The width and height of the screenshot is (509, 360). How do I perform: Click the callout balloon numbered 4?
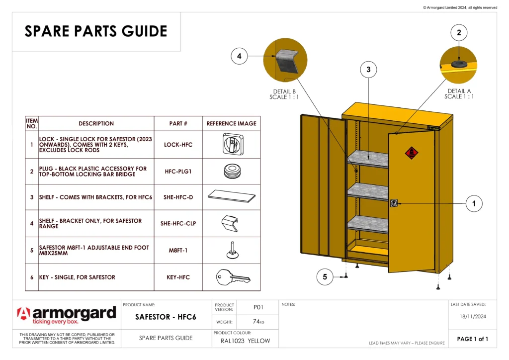(239, 57)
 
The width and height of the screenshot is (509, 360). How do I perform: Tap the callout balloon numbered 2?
(458, 33)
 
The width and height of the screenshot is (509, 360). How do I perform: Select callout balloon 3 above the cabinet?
(368, 70)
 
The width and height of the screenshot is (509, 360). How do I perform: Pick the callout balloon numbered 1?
(474, 203)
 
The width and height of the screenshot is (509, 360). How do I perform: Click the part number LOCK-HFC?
(178, 145)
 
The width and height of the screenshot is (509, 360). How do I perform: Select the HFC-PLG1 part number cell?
(178, 172)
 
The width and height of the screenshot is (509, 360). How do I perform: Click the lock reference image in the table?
(231, 144)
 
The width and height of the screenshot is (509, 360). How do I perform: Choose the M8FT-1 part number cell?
(178, 251)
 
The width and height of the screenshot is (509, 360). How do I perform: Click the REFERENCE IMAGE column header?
(231, 123)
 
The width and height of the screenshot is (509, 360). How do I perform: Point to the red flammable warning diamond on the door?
(411, 153)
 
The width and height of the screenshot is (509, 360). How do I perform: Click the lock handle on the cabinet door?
(394, 203)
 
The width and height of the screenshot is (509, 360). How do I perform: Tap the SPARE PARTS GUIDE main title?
(96, 31)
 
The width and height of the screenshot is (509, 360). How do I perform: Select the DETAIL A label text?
(459, 91)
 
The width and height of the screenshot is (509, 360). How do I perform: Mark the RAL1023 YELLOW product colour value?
(245, 341)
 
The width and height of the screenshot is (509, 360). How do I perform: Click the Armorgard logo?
(67, 315)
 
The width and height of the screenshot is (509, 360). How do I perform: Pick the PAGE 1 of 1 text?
(472, 339)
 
